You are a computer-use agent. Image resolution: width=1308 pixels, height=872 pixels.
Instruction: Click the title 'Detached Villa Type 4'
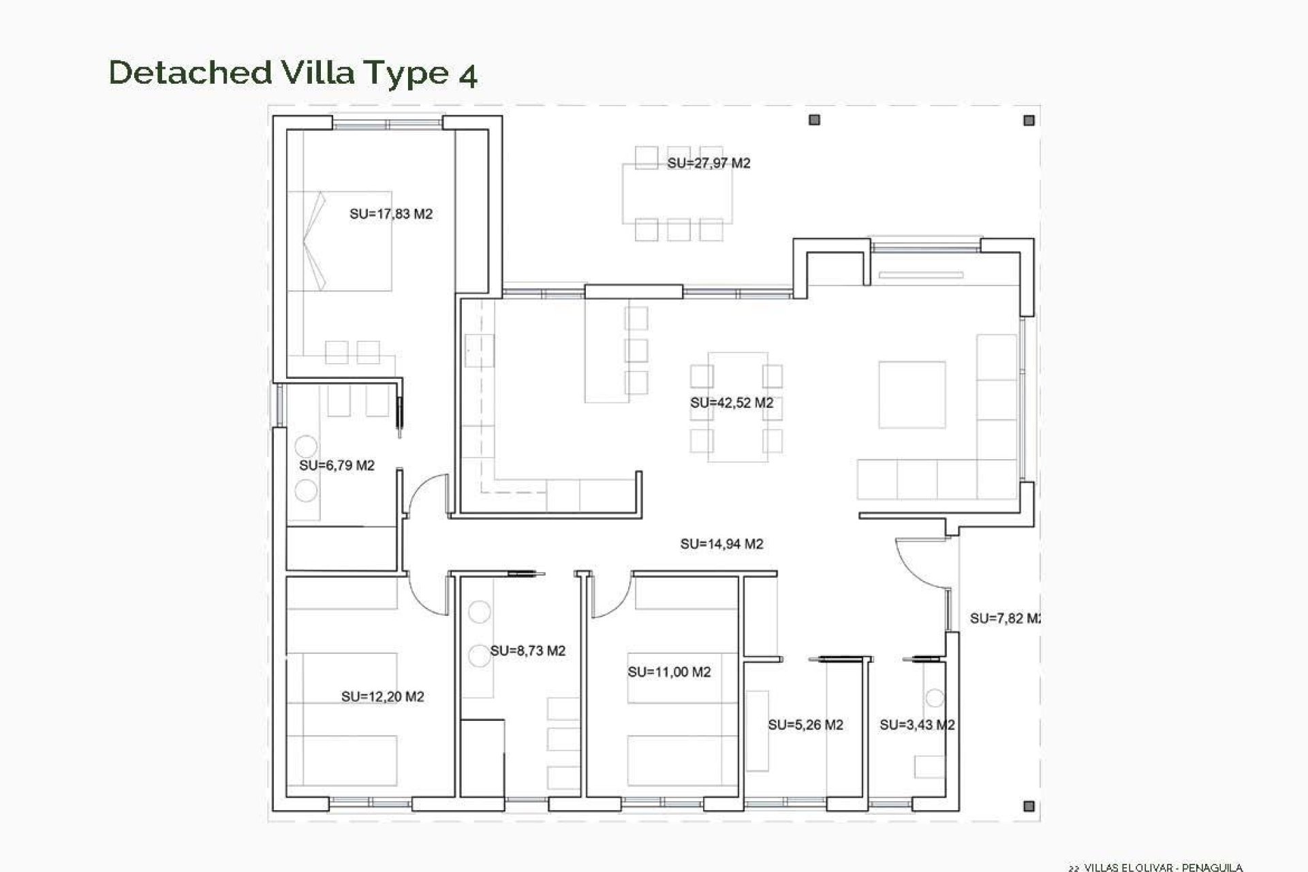click(x=293, y=73)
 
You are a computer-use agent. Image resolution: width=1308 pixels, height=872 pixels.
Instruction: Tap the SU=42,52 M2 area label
click(x=732, y=403)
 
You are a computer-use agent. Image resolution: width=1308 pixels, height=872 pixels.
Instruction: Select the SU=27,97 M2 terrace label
click(x=708, y=163)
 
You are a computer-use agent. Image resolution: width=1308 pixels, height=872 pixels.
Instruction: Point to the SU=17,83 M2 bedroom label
click(x=391, y=214)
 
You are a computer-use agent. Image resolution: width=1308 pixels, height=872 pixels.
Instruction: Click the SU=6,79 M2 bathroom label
click(x=337, y=465)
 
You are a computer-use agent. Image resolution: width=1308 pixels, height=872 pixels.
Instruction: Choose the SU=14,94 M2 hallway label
click(x=721, y=544)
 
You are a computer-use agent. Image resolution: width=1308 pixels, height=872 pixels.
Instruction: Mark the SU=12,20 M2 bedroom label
click(x=382, y=696)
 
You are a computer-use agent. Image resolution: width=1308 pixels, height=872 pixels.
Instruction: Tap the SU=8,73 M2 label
click(x=528, y=651)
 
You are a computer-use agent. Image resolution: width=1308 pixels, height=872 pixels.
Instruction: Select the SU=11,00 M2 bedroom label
click(x=669, y=672)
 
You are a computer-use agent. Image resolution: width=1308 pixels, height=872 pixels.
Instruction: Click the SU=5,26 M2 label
click(x=805, y=725)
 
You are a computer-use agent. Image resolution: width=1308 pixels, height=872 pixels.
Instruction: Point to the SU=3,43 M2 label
click(x=916, y=725)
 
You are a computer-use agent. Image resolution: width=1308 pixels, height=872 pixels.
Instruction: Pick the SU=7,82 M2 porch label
click(x=1005, y=618)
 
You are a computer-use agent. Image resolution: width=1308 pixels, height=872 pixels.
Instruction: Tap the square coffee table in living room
click(x=912, y=394)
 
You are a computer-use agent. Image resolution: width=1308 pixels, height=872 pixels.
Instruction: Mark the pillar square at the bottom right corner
click(x=1029, y=806)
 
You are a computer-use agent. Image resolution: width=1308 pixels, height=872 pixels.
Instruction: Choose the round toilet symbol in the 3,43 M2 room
click(x=935, y=698)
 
